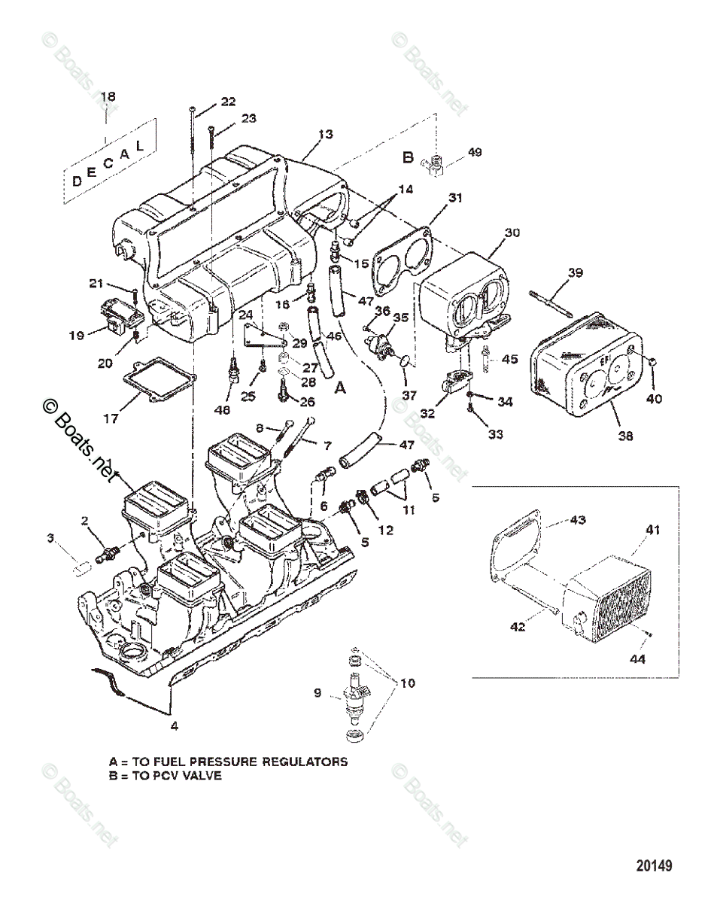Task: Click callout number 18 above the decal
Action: [108, 96]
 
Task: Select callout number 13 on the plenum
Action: [324, 134]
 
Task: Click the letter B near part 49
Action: [408, 157]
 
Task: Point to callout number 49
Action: [474, 152]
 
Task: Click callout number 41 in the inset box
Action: [652, 530]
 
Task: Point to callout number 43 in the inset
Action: [577, 520]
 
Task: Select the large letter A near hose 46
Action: [340, 388]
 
